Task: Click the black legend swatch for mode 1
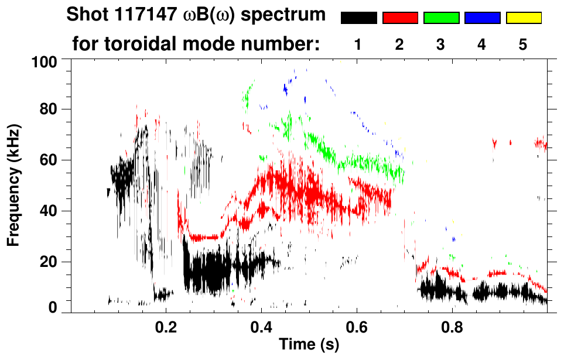point(358,18)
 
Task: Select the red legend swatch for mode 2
point(400,18)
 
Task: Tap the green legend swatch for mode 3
point(441,18)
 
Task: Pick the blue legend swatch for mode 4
point(482,18)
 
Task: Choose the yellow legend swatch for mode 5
point(523,18)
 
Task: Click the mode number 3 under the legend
point(441,45)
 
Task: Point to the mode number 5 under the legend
point(523,45)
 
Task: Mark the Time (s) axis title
point(308,344)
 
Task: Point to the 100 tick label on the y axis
point(45,61)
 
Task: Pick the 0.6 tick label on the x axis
point(357,325)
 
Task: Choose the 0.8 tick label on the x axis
point(452,325)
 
